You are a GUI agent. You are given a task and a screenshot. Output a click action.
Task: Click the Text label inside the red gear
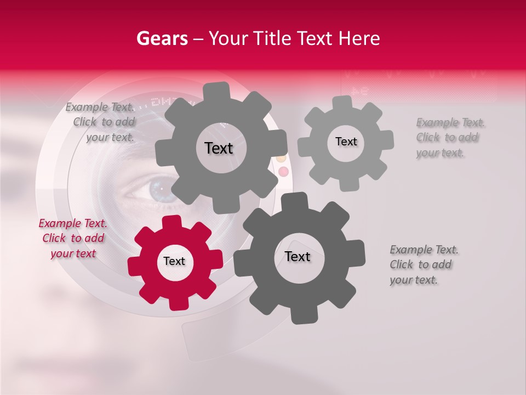click(x=174, y=262)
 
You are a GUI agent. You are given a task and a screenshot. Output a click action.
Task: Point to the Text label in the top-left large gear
click(x=219, y=148)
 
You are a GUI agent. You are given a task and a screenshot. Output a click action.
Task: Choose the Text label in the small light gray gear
click(x=346, y=142)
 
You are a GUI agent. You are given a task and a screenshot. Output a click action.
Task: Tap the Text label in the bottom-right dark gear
click(x=298, y=257)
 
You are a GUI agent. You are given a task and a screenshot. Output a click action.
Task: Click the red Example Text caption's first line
click(x=73, y=223)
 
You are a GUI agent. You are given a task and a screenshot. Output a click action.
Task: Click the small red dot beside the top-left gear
click(x=283, y=172)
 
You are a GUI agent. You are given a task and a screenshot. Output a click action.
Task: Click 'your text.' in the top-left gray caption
click(x=110, y=138)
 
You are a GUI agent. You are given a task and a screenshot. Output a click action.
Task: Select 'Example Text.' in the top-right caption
click(x=450, y=122)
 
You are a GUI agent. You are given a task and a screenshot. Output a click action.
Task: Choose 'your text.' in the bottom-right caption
click(x=414, y=280)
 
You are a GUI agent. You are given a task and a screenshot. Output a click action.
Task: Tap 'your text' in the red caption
click(x=73, y=253)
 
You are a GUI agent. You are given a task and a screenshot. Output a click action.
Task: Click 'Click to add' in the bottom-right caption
click(x=420, y=265)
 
